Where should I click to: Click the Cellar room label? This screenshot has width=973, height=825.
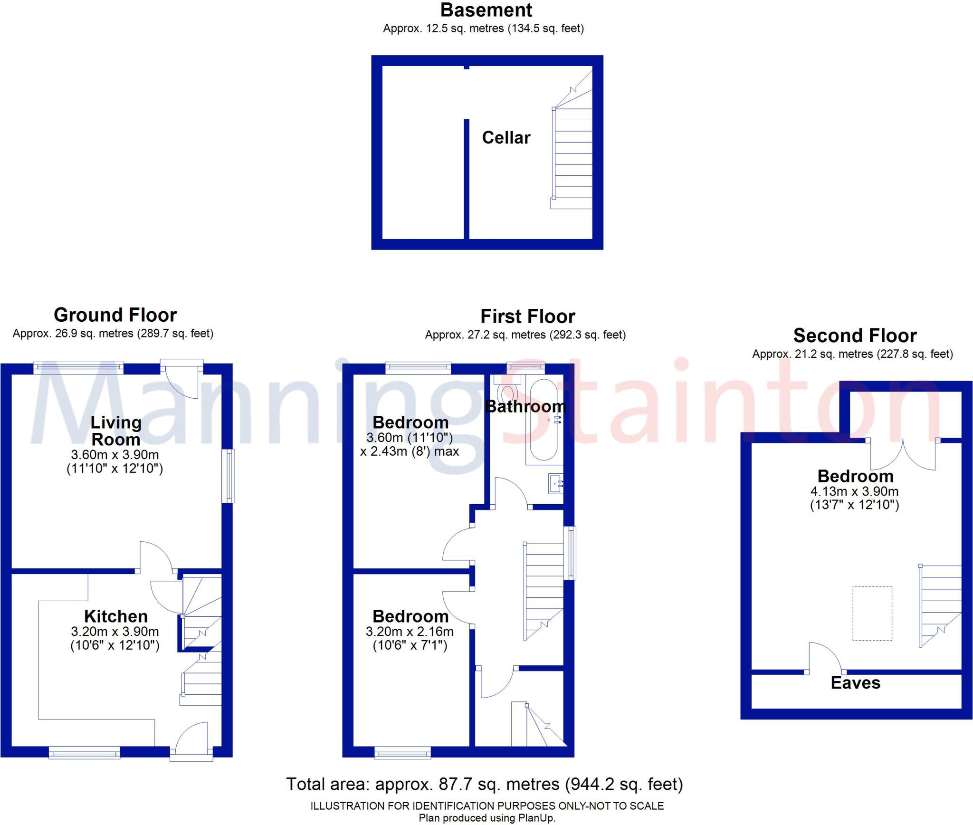[506, 138]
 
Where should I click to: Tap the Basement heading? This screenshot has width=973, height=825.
[486, 10]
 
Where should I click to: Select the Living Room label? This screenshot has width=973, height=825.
[116, 431]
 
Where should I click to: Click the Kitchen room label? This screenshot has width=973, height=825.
[116, 616]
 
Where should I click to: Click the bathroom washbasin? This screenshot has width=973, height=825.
[555, 484]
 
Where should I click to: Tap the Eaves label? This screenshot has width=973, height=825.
[855, 683]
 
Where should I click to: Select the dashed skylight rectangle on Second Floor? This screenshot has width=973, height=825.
[872, 613]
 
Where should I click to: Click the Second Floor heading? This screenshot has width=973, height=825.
[855, 336]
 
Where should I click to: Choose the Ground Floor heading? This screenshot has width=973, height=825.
[115, 315]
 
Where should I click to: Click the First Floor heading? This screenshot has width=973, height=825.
[527, 317]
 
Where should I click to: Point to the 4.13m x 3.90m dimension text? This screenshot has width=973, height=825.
[854, 491]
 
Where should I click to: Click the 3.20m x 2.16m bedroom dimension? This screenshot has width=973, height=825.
[410, 632]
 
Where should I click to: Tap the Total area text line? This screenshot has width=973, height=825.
[484, 784]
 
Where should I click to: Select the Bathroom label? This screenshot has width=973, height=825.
[525, 407]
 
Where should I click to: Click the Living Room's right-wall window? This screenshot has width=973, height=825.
[230, 476]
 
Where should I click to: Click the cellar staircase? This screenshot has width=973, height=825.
[572, 157]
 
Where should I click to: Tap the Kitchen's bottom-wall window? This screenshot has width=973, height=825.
[85, 752]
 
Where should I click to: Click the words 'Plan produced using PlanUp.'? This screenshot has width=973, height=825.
[487, 818]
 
